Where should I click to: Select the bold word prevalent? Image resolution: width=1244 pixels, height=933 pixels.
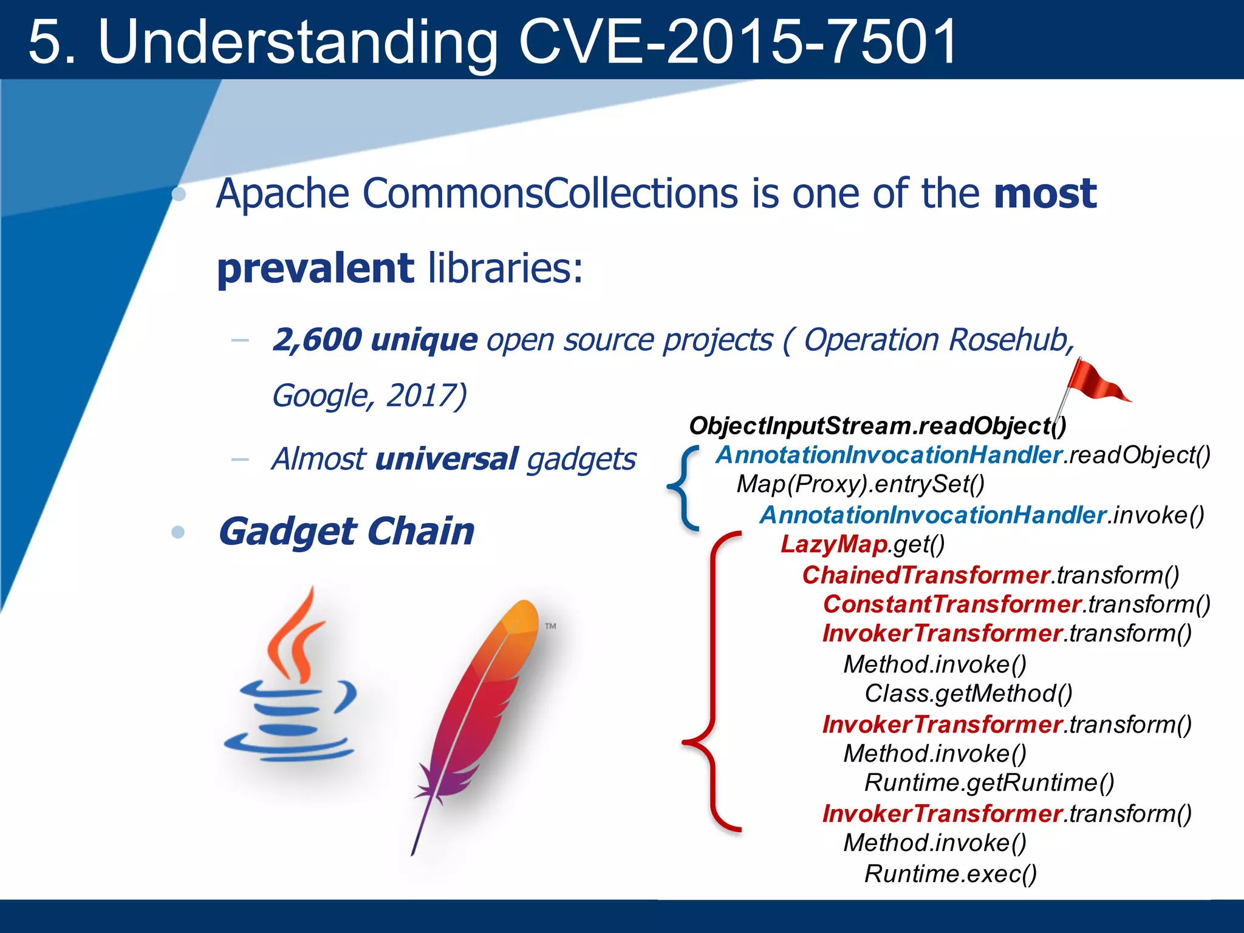click(315, 268)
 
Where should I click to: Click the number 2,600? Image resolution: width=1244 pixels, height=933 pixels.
click(317, 340)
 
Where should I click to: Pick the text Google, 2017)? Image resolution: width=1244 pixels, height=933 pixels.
click(369, 395)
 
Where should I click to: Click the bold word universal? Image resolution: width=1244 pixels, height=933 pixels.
click(446, 459)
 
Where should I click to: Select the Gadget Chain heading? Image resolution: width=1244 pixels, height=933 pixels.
click(346, 531)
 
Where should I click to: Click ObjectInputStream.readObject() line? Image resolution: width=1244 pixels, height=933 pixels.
click(877, 426)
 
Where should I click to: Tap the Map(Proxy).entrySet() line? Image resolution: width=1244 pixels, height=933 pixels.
click(860, 484)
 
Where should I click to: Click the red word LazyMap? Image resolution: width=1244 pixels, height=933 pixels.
click(834, 544)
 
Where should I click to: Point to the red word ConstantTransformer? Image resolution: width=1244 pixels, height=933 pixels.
click(951, 604)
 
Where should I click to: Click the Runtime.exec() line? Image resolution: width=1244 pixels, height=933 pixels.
click(951, 873)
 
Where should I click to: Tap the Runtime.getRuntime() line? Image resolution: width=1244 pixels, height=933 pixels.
click(989, 782)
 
